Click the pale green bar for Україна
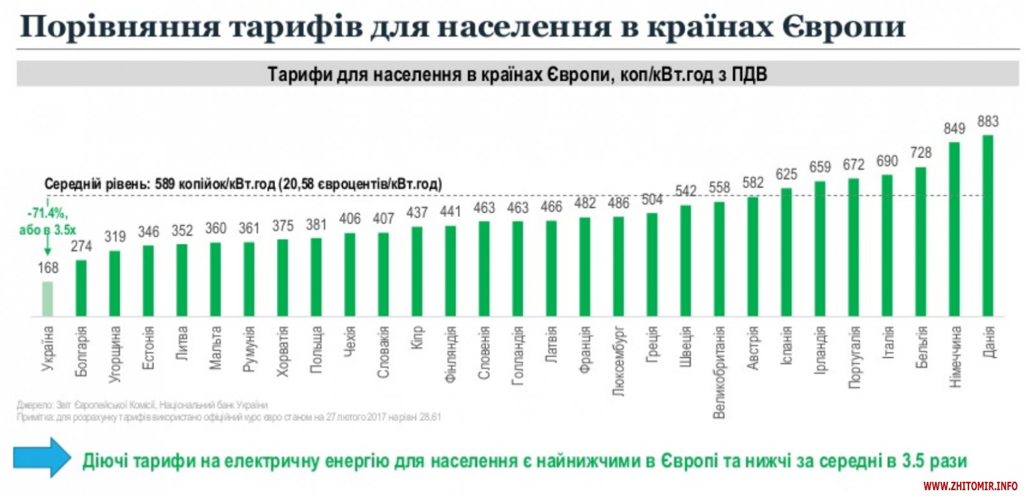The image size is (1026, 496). coord(48,298)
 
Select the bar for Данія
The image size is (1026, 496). coord(987,225)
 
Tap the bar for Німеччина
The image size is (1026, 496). coord(954,229)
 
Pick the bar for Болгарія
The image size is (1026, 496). coord(81,288)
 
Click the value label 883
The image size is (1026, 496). coord(988,121)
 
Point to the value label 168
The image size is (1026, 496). coord(48,267)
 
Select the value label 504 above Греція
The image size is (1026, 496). coord(652,200)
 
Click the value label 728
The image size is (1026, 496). coord(921,153)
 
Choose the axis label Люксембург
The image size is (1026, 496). coord(619,360)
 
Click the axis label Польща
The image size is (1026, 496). coord(316,349)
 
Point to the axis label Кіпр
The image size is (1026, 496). coord(417,338)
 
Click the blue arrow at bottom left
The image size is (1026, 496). coord(41,457)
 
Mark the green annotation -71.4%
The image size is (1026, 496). coord(47,214)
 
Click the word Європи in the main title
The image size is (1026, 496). coord(843,27)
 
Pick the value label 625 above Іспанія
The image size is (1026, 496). coord(786,174)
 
